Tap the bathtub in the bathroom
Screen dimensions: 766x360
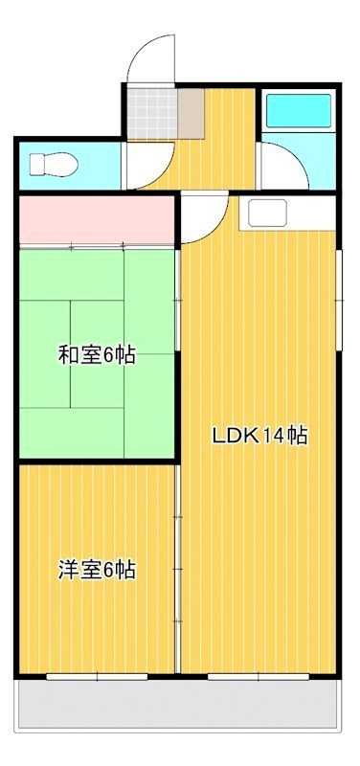pos(297,112)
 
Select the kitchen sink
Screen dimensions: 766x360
pos(268,214)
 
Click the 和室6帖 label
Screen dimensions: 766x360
pos(96,355)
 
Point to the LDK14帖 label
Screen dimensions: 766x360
pos(259,436)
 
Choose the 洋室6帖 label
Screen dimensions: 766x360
pos(96,571)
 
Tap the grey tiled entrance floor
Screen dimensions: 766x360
pos(150,113)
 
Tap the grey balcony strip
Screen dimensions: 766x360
pos(177,707)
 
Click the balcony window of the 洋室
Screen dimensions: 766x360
pos(96,676)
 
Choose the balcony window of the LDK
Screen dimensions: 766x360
pos(259,676)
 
